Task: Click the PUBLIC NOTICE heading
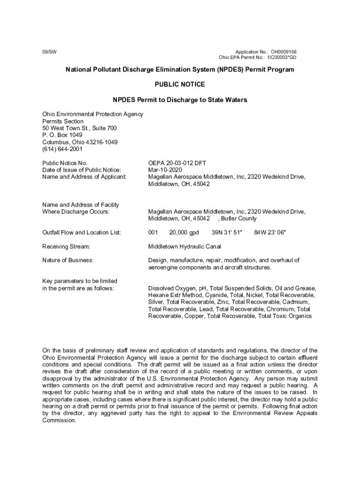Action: (180, 85)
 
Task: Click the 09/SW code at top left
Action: (48, 51)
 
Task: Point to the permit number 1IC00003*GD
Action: (281, 58)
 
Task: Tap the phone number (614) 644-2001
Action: (62, 149)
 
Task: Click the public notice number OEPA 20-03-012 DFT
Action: (177, 163)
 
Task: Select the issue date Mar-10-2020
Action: (165, 170)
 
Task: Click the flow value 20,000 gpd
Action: (184, 232)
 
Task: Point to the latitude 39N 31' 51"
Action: (227, 232)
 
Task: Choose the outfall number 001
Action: (153, 232)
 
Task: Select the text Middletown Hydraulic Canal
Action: (185, 246)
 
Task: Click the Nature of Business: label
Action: (68, 260)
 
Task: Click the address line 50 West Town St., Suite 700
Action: (79, 128)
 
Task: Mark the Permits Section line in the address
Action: (63, 121)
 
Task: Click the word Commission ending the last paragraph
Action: (58, 420)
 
